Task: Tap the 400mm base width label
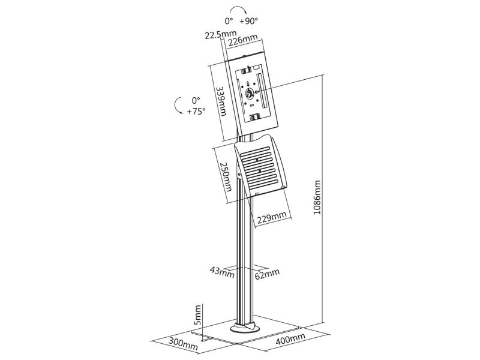290,339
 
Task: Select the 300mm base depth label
184,343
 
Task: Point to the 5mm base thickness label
198,314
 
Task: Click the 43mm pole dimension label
222,272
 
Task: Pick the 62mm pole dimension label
267,274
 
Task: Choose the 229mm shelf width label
272,217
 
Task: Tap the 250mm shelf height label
226,176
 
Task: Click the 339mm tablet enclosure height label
221,101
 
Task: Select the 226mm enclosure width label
243,40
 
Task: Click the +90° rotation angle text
249,21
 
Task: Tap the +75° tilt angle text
196,111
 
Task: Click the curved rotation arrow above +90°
239,7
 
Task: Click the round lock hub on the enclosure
249,93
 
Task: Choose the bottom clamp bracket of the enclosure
255,116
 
